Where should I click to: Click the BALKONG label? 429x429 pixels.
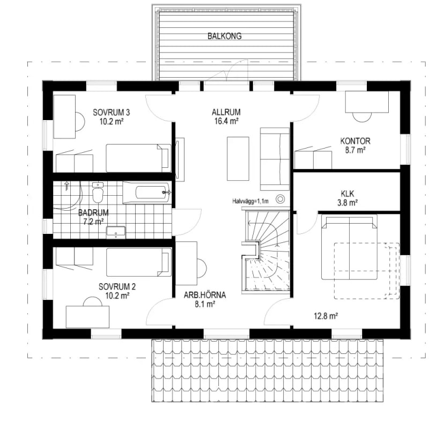[224, 36]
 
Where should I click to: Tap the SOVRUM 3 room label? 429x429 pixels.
[112, 112]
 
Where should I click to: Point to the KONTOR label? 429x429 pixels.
[355, 141]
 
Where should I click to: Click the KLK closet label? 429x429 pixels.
[347, 194]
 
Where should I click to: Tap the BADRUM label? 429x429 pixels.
[93, 212]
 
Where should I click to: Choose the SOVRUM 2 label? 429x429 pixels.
[117, 287]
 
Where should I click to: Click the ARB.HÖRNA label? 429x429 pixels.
[205, 295]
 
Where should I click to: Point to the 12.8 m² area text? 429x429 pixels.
[326, 316]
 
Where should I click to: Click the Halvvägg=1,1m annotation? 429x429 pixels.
[250, 201]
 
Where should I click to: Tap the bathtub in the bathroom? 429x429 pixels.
[146, 193]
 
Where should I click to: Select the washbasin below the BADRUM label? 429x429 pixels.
[116, 232]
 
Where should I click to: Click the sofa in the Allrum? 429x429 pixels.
[275, 159]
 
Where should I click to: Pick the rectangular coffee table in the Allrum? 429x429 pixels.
[238, 159]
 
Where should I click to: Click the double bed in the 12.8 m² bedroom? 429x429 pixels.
[349, 247]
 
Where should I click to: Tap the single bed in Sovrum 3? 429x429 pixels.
[138, 158]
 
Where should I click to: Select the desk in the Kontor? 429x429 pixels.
[367, 102]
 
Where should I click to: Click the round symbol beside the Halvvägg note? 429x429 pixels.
[280, 199]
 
